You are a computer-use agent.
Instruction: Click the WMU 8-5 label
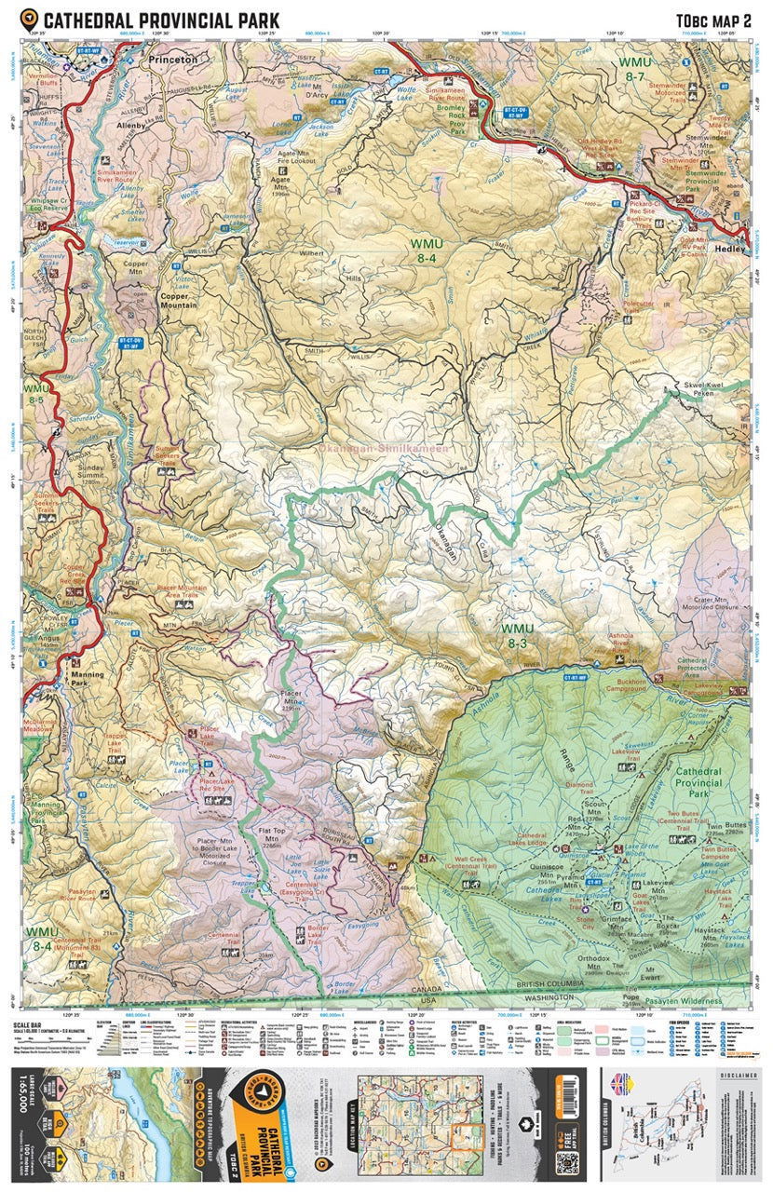click(35, 394)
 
